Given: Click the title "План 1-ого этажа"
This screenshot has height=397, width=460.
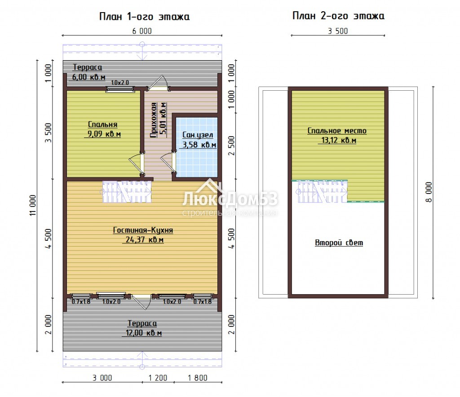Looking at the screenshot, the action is [x=144, y=17].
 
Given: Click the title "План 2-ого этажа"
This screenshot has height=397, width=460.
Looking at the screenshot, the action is [x=338, y=16].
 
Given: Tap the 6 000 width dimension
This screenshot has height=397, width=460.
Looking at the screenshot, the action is [x=142, y=31].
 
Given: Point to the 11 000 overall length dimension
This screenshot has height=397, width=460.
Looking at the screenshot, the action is [x=32, y=205].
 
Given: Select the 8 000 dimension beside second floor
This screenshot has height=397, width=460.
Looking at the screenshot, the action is [x=429, y=192].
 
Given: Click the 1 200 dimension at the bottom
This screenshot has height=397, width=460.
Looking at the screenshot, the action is [x=158, y=378].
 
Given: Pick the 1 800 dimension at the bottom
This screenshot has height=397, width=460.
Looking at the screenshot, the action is [x=198, y=378].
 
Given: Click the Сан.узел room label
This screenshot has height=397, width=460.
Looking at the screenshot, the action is [x=198, y=135].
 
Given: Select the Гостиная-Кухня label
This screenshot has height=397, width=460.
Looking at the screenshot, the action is [x=143, y=230].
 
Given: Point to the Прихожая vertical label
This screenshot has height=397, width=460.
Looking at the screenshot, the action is [x=154, y=120].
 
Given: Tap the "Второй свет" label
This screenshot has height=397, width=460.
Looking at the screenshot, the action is [x=339, y=243].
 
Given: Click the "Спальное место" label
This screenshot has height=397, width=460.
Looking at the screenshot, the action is [x=337, y=131].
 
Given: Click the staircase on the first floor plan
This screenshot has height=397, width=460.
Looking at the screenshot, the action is [x=126, y=192].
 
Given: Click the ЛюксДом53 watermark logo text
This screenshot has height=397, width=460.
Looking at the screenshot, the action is [x=230, y=199].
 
